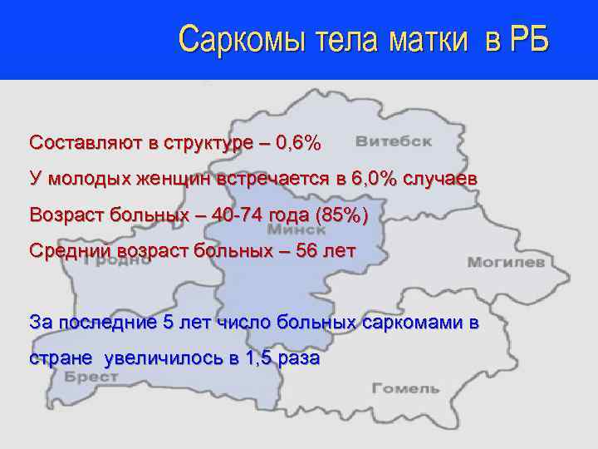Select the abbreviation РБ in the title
coord(527,39)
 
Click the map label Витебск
coord(394,141)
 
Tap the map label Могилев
coord(505,262)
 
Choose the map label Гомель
coord(405,388)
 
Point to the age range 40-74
coord(238,215)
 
